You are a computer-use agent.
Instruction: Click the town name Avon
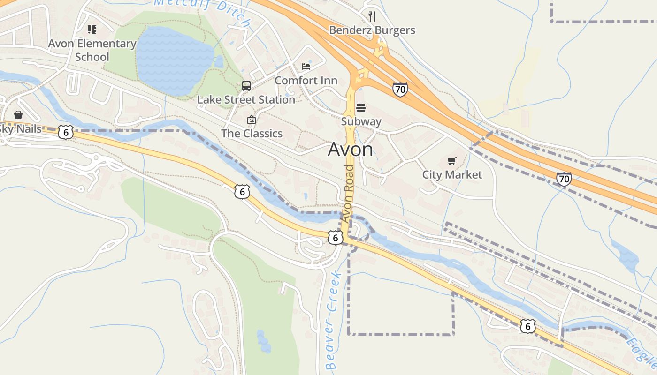[x=350, y=150]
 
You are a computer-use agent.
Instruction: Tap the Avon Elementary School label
[x=92, y=50]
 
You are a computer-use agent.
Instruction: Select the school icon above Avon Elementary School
[x=92, y=30]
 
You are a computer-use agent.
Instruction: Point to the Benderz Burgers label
[x=372, y=30]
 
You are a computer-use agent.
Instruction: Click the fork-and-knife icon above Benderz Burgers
[x=372, y=16]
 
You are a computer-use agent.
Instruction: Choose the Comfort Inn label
[x=306, y=81]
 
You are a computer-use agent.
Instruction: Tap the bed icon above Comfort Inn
[x=306, y=67]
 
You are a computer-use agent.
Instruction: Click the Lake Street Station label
[x=246, y=100]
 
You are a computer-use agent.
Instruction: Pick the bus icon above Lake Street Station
[x=246, y=85]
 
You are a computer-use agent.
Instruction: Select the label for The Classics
[x=252, y=134]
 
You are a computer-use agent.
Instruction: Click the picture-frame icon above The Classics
[x=252, y=120]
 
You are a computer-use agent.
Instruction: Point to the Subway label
[x=361, y=122]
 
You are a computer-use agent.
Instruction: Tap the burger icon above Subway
[x=361, y=108]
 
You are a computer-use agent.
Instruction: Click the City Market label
[x=452, y=175]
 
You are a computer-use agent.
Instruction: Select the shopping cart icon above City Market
[x=451, y=161]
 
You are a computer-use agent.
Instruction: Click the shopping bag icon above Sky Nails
[x=18, y=115]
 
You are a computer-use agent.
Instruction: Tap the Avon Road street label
[x=348, y=193]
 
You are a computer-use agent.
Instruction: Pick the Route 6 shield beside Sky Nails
[x=66, y=133]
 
